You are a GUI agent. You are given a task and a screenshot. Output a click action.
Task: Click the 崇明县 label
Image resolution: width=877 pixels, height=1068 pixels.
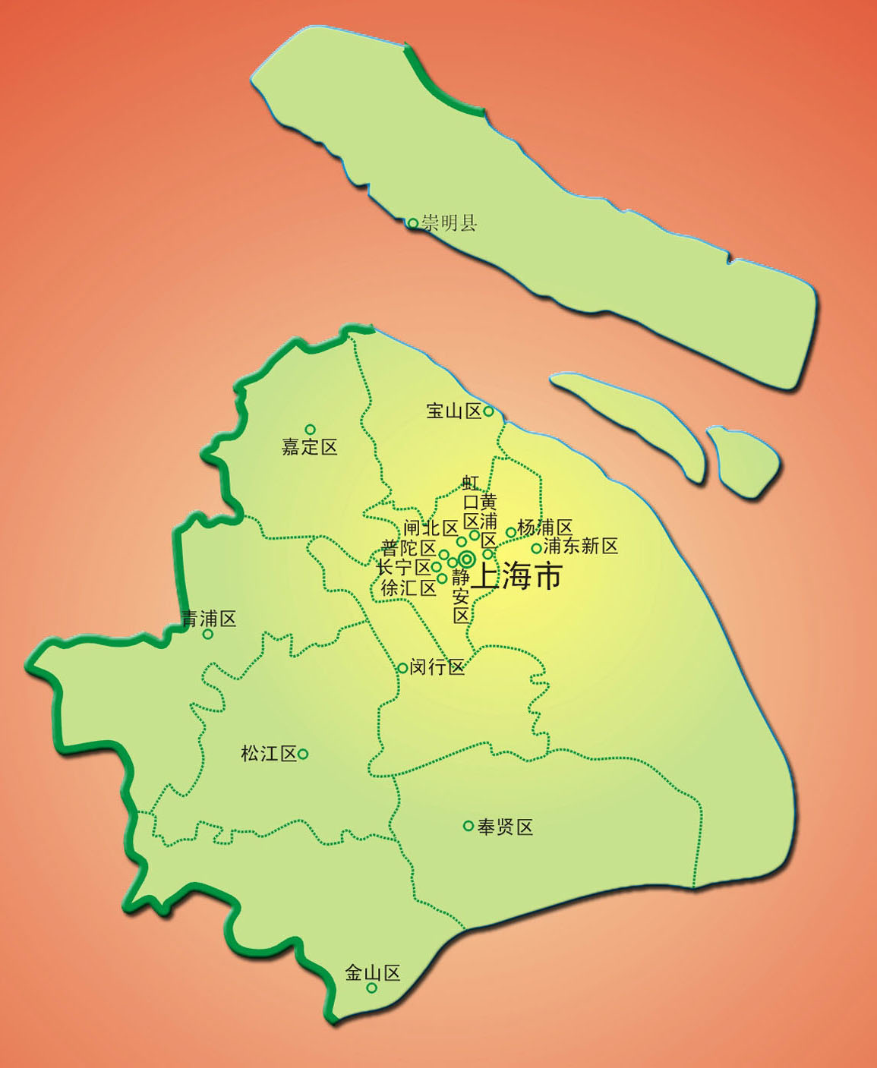[450, 223]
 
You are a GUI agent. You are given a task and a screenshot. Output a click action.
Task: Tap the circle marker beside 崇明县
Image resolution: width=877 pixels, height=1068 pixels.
[412, 223]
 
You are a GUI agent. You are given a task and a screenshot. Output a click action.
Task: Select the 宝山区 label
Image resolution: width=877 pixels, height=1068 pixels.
[453, 411]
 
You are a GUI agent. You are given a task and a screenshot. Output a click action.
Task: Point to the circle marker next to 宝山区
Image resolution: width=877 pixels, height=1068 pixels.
[488, 411]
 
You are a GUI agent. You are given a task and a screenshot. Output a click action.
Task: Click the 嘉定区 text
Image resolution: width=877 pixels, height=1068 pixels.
[310, 447]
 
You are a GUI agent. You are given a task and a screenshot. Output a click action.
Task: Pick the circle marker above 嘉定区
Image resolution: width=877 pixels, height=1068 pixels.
[310, 430]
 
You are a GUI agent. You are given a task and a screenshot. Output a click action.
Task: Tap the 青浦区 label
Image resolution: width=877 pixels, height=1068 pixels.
[209, 619]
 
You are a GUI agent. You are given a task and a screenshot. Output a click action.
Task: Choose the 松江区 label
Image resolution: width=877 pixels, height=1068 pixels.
[268, 754]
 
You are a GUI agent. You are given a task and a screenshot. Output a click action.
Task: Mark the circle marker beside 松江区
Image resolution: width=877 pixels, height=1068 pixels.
[303, 754]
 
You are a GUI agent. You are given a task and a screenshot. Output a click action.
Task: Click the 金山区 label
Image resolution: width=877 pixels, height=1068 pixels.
[372, 972]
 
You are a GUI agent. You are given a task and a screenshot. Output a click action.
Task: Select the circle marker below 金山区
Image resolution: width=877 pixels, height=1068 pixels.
[372, 988]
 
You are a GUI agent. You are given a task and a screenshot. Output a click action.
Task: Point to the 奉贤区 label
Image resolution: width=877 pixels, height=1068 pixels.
[506, 827]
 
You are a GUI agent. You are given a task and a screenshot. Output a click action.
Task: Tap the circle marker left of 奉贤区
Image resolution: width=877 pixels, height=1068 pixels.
[468, 826]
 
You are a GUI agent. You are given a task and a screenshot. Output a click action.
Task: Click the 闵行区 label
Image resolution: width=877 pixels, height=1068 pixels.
[437, 667]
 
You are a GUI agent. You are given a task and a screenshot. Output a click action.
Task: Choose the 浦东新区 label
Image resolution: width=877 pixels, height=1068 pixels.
[581, 546]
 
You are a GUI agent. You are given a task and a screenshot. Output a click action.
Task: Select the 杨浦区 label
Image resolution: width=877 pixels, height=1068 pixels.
[544, 528]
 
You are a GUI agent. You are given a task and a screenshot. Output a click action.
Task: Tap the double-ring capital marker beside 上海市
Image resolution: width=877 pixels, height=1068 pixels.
[466, 560]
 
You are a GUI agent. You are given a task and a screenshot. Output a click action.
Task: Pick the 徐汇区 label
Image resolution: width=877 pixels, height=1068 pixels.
[409, 588]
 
